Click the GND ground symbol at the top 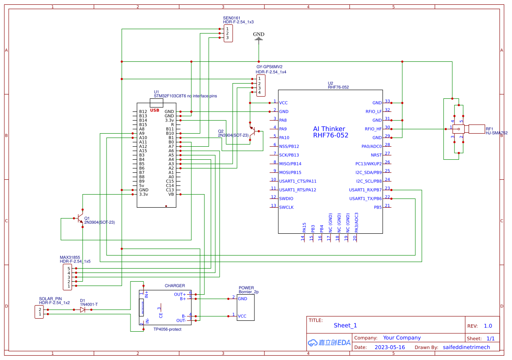click(x=259, y=39)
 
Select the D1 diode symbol click(x=83, y=310)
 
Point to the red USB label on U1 click(x=154, y=110)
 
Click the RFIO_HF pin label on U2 click(x=373, y=129)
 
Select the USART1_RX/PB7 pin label click(x=365, y=190)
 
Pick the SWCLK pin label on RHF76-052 click(x=286, y=207)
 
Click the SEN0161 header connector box click(x=228, y=34)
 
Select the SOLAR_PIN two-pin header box click(x=39, y=312)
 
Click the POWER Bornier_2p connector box click(x=245, y=307)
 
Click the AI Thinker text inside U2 click(x=329, y=129)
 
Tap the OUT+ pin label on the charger click(x=180, y=294)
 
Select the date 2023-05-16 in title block click(x=389, y=347)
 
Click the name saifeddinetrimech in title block click(x=466, y=347)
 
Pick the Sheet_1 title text click(x=345, y=325)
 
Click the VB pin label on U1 click(x=171, y=194)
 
